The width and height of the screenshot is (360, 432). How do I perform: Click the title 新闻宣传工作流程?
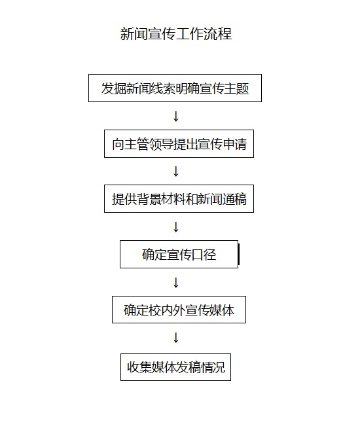pos(176,34)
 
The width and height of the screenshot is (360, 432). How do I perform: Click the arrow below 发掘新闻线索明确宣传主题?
pos(175,117)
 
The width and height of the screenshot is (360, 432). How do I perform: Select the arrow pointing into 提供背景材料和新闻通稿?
pos(175,171)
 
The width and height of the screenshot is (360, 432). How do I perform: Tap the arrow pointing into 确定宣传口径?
pos(175,227)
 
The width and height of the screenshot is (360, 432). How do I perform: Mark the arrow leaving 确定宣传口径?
pos(175,283)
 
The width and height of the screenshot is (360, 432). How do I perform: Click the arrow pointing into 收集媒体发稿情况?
pos(175,338)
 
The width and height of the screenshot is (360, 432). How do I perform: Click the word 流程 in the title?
pos(218,34)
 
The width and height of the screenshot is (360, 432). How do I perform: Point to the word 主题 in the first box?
pos(237,88)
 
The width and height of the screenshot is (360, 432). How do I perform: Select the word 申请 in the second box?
pos(235,144)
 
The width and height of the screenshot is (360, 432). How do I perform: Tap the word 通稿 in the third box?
pos(235,199)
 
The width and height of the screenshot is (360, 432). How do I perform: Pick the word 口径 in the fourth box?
pos(204,255)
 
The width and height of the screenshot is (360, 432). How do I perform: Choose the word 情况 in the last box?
pos(213,368)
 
